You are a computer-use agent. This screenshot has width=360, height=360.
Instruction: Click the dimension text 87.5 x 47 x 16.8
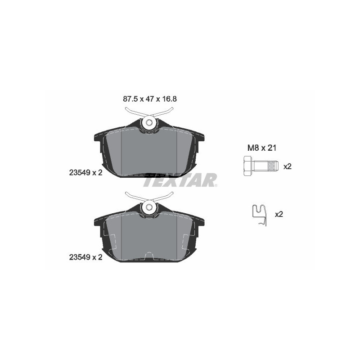point(150,99)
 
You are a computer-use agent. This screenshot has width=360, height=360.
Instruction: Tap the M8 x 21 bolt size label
point(262,148)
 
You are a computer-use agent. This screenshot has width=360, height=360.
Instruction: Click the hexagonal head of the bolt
point(247,166)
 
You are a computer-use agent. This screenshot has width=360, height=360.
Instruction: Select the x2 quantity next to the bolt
point(288,166)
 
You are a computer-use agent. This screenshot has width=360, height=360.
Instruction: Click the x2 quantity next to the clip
point(279,215)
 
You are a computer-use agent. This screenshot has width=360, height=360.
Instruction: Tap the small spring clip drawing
point(260,216)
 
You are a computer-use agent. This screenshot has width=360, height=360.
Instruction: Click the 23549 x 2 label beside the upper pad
point(85,173)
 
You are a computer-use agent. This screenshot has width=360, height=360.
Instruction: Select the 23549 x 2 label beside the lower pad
point(85,257)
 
